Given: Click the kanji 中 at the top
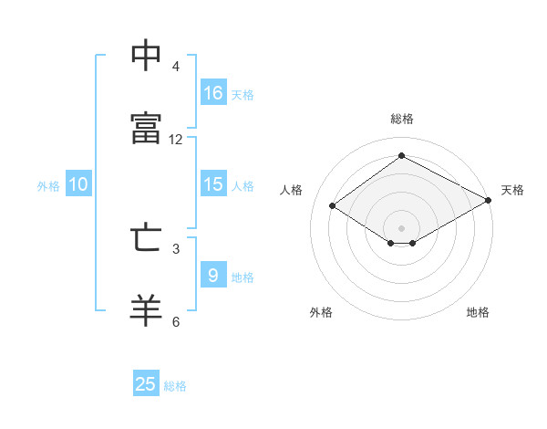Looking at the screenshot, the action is pos(146,55).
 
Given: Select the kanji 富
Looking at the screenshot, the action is pos(146,128).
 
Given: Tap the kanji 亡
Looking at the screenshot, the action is pos(146,237).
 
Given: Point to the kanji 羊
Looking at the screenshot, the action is pos(146,310).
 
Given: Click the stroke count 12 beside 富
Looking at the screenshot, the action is pos(175,140).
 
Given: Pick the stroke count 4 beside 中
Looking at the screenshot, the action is pos(175,67).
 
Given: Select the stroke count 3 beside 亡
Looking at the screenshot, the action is pos(176,249).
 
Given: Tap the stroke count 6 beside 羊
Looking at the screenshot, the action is pos(176,321).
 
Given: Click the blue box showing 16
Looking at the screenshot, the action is pos(213,92).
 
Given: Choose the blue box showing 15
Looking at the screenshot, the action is pos(213,183).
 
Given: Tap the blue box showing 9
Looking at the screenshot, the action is pos(213,274).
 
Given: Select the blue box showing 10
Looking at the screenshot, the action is pos(78,183).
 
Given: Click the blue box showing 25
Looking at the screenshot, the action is pos(146,382).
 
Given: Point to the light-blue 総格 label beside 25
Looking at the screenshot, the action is pos(175,386).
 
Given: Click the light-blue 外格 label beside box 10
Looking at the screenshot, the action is pos(48,186).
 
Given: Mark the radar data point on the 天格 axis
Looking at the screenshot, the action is pos(489,200).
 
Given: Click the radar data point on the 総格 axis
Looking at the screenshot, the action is pos(401,155).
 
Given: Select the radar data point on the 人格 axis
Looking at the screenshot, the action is pos(333,205).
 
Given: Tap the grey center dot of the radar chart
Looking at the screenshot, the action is pos(401,228).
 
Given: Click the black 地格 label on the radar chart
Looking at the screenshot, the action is pos(478,312).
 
